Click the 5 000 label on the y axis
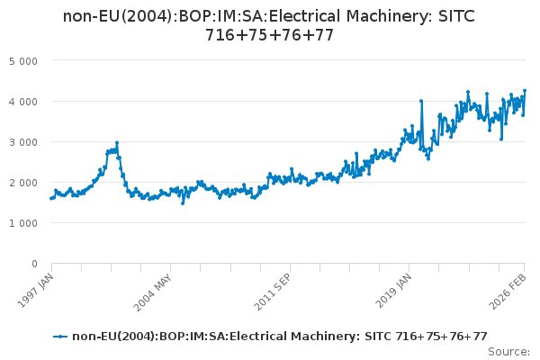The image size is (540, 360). coord(35,61)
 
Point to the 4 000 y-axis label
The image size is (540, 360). coord(35,102)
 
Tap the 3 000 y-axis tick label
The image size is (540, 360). coord(35,142)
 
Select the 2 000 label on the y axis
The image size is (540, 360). coord(35,183)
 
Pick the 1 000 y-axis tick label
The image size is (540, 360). coord(35,223)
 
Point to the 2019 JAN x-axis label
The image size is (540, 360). coord(394,289)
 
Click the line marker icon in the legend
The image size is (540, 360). coord(60,337)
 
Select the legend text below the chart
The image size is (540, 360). coord(280,337)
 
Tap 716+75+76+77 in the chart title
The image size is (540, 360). coord(270,36)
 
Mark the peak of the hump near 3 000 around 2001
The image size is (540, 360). coord(117,142)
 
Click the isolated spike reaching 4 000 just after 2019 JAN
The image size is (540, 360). coord(421,101)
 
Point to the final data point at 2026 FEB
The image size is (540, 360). coord(525,91)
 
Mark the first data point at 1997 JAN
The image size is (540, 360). coord(51,198)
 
